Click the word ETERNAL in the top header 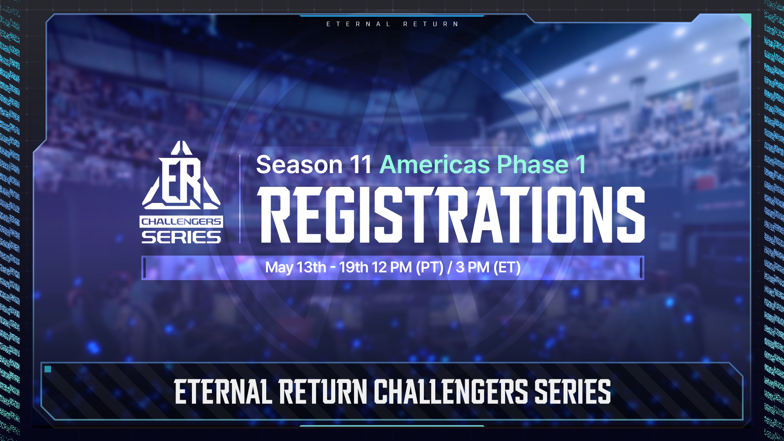pos(359,24)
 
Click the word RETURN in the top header pos(431,24)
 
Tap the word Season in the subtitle pos(299,165)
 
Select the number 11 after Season pos(361,165)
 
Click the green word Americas pos(434,165)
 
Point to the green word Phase pos(532,165)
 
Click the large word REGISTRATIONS pos(451,215)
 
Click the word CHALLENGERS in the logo pos(181,222)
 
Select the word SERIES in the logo pos(181,237)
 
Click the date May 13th pos(296,267)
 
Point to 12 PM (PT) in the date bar pos(408,267)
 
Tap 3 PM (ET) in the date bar pos(488,267)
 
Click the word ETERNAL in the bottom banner pos(223,392)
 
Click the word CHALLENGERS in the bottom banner pos(451,392)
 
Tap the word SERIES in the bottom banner pos(572,392)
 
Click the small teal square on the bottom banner pos(48,369)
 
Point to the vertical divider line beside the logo pos(240,199)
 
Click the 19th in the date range pos(354,267)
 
